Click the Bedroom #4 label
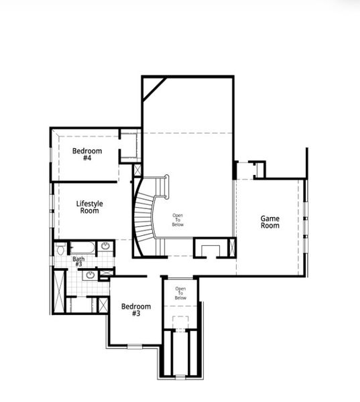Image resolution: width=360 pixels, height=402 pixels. click(x=87, y=155)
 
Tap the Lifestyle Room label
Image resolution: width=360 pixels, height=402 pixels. click(x=89, y=207)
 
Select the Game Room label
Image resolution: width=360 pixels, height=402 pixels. click(x=270, y=222)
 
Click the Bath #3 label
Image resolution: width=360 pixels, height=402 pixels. click(x=78, y=261)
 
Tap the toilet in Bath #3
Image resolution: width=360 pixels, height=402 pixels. click(x=60, y=249)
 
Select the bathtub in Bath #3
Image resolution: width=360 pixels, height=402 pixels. click(x=82, y=247)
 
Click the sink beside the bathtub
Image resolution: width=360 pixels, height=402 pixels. click(x=105, y=247)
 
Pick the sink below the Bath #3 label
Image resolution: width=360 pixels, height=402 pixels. click(x=91, y=274)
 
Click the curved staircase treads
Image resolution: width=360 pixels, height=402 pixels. click(x=143, y=214)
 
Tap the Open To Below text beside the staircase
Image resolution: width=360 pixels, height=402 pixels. click(x=178, y=220)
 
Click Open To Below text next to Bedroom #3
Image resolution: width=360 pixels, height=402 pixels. click(x=180, y=293)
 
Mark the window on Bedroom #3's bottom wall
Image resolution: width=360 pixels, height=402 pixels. click(x=135, y=346)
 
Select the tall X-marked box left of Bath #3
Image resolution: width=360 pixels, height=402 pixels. click(x=58, y=291)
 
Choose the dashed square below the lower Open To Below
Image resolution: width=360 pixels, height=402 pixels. click(x=180, y=322)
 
